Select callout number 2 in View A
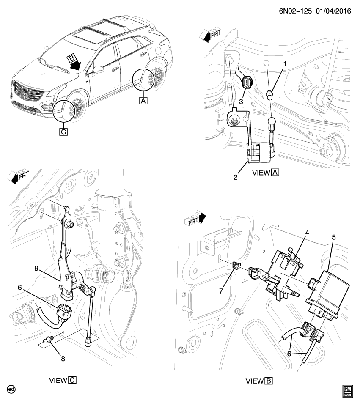(236, 177)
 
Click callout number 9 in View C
(36, 268)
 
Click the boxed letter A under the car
(143, 101)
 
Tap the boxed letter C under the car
(63, 131)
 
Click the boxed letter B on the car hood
(71, 58)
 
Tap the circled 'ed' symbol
(11, 389)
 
